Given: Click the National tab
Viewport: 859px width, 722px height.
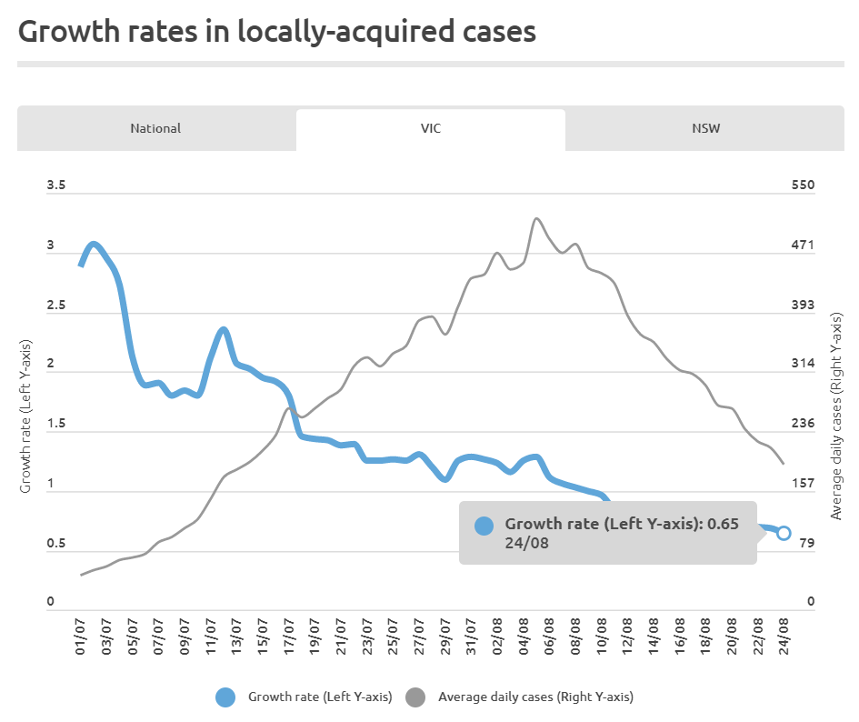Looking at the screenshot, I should click(155, 128).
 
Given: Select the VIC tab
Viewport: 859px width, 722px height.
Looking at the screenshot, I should click(431, 128).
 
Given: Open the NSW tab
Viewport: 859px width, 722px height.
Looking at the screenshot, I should click(705, 128).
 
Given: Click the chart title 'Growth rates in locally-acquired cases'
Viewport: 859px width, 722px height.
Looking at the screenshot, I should click(277, 32).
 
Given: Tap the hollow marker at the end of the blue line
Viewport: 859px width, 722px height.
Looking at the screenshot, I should click(784, 533).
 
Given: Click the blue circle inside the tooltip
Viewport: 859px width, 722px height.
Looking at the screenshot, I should click(484, 526).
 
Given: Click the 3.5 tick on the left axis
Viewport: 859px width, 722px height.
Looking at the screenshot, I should click(56, 186).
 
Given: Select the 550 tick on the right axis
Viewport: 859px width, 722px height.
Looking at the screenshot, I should click(804, 186).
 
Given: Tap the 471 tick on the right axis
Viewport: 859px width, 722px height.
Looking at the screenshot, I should click(804, 246).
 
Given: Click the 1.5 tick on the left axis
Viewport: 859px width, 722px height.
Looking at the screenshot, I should click(56, 425).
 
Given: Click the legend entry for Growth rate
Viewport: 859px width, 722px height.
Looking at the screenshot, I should click(304, 697).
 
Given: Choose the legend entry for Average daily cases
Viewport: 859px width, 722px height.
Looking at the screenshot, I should click(518, 697).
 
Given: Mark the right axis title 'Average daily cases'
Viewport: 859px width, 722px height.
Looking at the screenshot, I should click(836, 416).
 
